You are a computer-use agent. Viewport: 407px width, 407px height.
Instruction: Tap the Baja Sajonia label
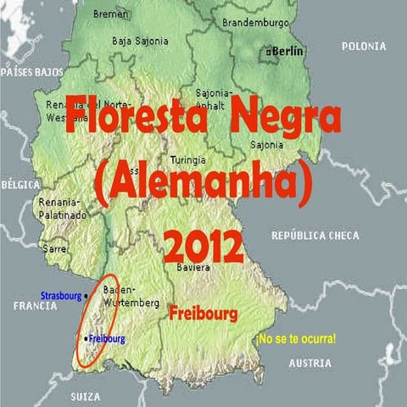coord(140,41)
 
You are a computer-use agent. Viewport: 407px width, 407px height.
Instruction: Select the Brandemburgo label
coord(255,22)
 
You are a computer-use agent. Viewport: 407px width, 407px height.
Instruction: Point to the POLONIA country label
coord(364,46)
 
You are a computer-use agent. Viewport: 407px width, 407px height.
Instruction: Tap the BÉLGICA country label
coord(21,183)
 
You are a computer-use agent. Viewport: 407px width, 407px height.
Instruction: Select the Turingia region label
coord(187,159)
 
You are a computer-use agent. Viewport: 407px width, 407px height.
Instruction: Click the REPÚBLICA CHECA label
coord(315,235)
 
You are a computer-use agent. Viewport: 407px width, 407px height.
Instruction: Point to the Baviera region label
coord(193,268)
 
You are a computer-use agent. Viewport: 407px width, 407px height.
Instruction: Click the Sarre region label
coord(55,249)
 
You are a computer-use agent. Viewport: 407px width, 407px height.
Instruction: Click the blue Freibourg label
coord(106,339)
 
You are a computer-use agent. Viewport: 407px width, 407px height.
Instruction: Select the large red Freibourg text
coord(203,315)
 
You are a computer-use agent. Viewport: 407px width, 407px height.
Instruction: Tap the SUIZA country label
coord(86,396)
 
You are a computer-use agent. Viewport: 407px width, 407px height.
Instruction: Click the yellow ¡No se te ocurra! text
coord(296,338)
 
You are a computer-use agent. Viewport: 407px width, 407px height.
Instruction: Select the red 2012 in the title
coord(203,247)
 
